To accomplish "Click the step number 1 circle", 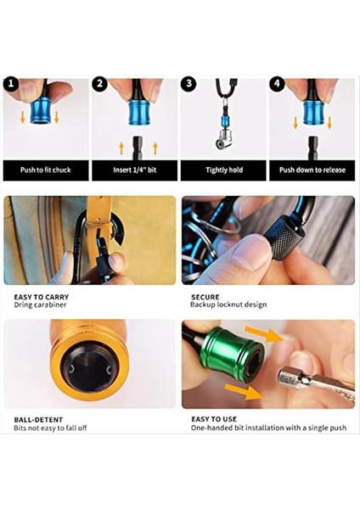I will click(11, 84).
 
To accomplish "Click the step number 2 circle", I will click(99, 84).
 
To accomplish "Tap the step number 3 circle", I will click(188, 84).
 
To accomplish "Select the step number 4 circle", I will click(276, 84).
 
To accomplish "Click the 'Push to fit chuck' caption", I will click(46, 170).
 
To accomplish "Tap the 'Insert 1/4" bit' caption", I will click(134, 170).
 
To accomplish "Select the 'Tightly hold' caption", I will click(223, 170).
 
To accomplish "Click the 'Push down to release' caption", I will click(312, 170).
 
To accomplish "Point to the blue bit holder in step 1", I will click(41, 111).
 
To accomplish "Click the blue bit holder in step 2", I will click(139, 111).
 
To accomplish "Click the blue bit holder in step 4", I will click(314, 110).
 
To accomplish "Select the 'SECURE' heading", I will click(205, 298).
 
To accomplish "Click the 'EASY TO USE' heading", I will click(214, 419).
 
